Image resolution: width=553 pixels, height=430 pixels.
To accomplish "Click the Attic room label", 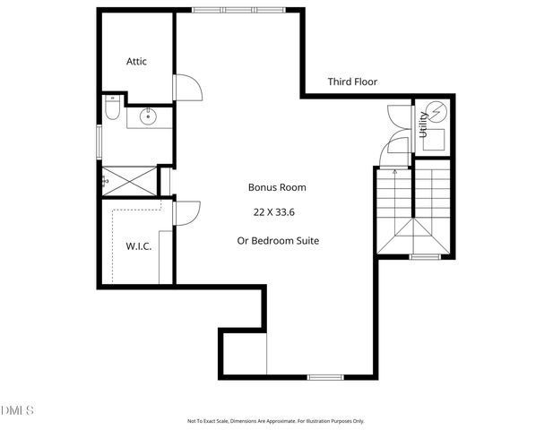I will point(136,62).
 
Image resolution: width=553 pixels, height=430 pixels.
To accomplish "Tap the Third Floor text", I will point(352,82).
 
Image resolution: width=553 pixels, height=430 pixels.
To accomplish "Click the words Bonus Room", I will point(277,188).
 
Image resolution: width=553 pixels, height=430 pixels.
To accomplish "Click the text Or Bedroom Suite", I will point(277,240).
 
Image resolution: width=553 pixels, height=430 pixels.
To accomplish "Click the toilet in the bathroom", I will point(111,109).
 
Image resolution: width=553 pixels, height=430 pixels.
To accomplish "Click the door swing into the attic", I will point(186,87).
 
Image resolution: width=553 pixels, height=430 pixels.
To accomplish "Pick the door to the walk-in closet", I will point(186,213).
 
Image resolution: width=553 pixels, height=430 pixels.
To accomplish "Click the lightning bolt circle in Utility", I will point(436,113).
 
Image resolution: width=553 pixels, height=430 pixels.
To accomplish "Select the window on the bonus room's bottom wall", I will point(320,376).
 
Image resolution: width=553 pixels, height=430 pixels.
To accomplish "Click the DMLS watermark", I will point(17,410).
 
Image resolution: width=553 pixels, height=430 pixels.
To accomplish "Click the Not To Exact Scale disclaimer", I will point(275,421).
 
